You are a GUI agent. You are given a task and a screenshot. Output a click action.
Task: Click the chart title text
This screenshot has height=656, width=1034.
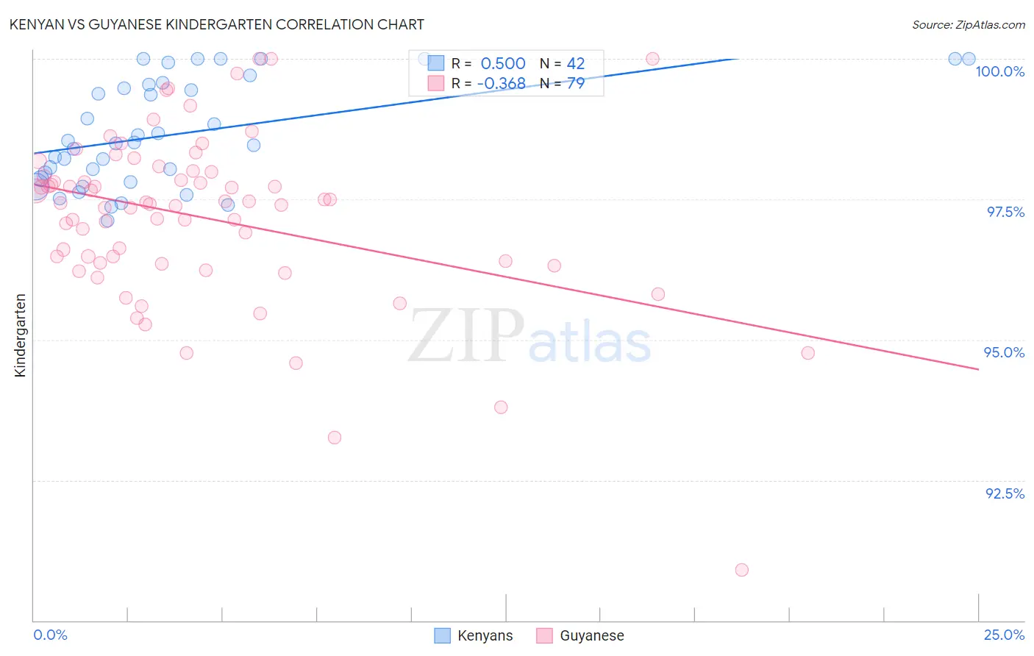coord(216,24)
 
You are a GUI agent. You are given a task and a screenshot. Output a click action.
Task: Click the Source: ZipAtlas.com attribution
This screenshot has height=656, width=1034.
coord(968,24)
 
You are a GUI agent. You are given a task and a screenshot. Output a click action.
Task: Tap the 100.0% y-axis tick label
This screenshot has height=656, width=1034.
coord(999,71)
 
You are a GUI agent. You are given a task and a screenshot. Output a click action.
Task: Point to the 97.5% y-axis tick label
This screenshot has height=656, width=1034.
coord(1005,212)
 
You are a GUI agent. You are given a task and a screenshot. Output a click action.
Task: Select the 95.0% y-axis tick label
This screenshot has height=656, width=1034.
coord(1004,352)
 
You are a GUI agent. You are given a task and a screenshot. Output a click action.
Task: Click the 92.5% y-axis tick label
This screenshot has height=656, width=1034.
coord(1005,493)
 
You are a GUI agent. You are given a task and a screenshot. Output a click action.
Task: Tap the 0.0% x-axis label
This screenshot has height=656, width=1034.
coord(50,635)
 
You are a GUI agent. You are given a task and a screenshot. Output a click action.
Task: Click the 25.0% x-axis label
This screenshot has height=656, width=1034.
coord(1004,635)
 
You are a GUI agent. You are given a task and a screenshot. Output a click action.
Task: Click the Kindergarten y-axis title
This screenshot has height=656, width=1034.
coord(20,335)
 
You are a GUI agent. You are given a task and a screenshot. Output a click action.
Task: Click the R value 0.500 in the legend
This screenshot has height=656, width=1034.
coord(503,64)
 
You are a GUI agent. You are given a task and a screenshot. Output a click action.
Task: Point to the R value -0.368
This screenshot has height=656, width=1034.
coord(501,84)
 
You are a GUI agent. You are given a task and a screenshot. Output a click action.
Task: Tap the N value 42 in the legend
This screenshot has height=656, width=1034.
coord(575,64)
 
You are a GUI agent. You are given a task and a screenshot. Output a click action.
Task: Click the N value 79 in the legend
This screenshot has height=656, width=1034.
coord(575,84)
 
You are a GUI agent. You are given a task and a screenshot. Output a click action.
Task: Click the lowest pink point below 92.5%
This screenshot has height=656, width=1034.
coord(741,570)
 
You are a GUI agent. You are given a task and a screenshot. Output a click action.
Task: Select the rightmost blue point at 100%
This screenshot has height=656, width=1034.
coord(969,59)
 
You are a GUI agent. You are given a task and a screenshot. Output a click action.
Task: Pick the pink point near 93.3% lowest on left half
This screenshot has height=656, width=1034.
coord(335,438)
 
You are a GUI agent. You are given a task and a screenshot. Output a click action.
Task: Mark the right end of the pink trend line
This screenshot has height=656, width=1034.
coord(978,369)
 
